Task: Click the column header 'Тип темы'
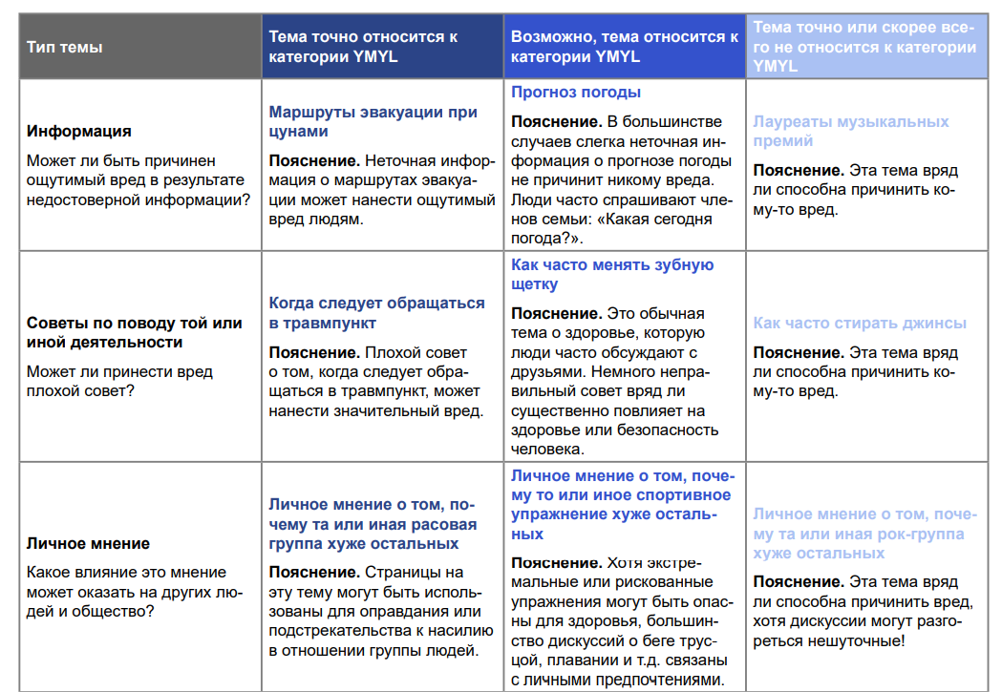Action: point(64,47)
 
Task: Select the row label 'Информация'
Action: point(79,131)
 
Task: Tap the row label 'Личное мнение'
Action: point(88,543)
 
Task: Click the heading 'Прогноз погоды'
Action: point(576,93)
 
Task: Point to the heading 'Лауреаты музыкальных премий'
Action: point(850,131)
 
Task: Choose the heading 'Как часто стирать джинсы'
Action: point(860,323)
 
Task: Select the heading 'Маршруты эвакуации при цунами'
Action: point(373,121)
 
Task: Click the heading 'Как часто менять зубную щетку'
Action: point(612,274)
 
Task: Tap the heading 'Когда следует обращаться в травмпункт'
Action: point(376,312)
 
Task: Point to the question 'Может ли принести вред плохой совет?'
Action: point(119,381)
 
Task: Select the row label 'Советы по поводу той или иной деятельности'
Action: point(134,332)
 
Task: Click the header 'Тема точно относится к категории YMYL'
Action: point(363,47)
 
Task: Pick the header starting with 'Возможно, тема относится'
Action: point(624,47)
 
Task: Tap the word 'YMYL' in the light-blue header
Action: point(776,66)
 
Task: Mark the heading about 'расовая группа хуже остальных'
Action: point(373,524)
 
